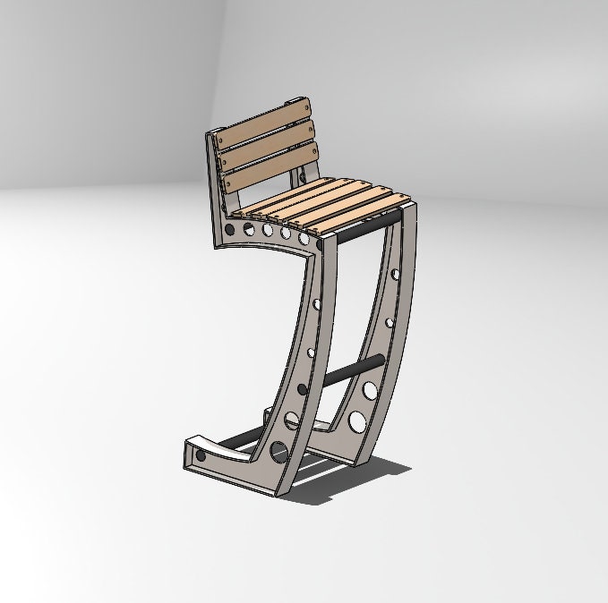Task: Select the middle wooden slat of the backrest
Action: click(267, 149)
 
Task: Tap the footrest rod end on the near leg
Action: click(302, 390)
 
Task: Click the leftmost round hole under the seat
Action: click(230, 230)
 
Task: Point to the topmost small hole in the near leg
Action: click(315, 304)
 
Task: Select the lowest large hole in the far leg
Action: click(357, 420)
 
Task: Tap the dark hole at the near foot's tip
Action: click(200, 456)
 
